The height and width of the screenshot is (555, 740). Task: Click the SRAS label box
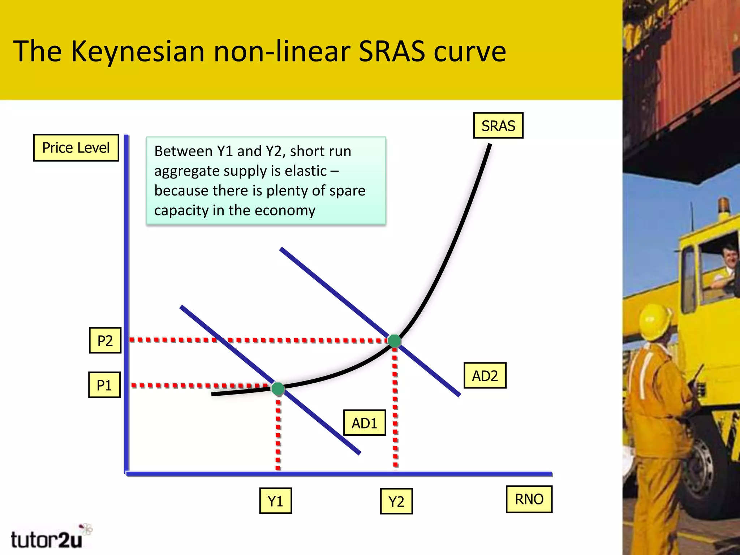pyautogui.click(x=498, y=126)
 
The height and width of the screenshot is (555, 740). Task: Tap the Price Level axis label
pyautogui.click(x=76, y=148)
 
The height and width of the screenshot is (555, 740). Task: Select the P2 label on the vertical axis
pyautogui.click(x=105, y=340)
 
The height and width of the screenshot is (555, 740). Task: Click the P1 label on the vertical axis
pyautogui.click(x=104, y=385)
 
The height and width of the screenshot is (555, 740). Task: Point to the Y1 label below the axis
pyautogui.click(x=275, y=501)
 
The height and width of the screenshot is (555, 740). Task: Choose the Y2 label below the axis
pyautogui.click(x=396, y=502)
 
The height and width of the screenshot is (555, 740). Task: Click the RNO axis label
pyautogui.click(x=529, y=499)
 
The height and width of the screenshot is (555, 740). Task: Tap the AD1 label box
pyautogui.click(x=364, y=423)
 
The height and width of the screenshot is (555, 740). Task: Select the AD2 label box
pyautogui.click(x=485, y=376)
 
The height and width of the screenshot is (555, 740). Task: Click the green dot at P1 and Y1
pyautogui.click(x=278, y=389)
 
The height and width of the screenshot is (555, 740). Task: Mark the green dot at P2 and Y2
pyautogui.click(x=394, y=341)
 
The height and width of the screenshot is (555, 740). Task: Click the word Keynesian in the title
pyautogui.click(x=138, y=52)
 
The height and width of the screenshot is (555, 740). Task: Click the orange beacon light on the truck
pyautogui.click(x=724, y=205)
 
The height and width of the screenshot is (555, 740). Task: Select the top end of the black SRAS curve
pyautogui.click(x=490, y=146)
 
